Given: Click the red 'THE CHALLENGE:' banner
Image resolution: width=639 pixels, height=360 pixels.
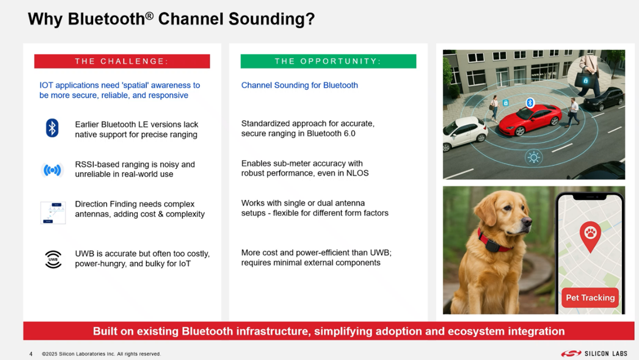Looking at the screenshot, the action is coord(122,61).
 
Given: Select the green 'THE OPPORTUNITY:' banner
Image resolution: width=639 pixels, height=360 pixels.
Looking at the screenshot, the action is coord(328,61).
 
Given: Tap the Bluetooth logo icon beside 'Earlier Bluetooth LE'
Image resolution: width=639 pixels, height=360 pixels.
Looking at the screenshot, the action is coord(52,128).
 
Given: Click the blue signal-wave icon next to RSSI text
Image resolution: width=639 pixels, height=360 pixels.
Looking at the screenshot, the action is coord(52,170).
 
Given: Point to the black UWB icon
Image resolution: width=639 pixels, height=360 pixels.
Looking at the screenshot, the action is coord(53,259).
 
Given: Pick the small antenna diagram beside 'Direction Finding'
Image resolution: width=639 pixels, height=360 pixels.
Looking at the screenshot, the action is coord(53,213).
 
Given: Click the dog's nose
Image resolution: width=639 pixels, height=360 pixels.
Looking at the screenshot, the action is coord(527,221).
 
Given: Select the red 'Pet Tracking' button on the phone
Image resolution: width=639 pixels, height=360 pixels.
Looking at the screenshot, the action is coord(590,298).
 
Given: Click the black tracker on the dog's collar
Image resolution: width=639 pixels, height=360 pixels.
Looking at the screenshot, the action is coord(492,246).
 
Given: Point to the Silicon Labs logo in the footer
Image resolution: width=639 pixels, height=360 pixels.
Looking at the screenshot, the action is coord(594,354).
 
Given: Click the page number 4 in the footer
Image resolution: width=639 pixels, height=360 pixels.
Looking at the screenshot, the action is coord(31,354).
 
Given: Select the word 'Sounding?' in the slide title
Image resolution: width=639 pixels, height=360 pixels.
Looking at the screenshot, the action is coord(271,19).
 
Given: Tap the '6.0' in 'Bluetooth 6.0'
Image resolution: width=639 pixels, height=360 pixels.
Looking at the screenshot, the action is coord(348,133).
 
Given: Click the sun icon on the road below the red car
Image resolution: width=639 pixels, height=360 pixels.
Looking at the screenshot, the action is coord(533,158).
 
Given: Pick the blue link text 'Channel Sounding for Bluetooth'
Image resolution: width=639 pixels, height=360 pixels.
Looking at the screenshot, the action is coord(300,85).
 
